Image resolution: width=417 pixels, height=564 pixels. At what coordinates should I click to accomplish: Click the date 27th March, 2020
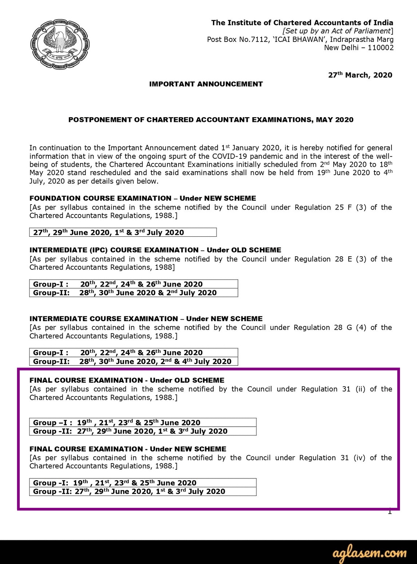pos(360,75)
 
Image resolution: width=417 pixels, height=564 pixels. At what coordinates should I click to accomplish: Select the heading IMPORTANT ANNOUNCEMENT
pos(206,84)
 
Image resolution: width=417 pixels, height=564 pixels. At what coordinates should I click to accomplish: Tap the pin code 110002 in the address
pos(381,48)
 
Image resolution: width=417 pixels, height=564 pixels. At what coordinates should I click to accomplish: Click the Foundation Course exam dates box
pos(123,232)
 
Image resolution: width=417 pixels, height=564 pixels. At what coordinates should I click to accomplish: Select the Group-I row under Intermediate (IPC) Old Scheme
pos(133,284)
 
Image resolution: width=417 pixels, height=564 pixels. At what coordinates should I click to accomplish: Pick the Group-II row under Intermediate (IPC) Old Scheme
pos(133,293)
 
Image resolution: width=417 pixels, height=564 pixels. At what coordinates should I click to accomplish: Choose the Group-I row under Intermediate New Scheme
pos(133,352)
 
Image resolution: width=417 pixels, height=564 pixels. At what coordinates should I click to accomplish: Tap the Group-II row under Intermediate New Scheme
pos(133,361)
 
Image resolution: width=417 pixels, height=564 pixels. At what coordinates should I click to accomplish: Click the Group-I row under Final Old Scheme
pos(143,422)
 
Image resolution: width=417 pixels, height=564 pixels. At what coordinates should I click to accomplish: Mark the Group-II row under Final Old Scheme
pos(143,431)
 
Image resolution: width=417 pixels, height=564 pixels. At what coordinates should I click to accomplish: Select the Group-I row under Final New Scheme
pos(143,483)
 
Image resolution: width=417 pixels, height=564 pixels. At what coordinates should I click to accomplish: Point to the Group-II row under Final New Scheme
pos(143,492)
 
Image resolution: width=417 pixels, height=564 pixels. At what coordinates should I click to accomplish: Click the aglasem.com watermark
pos(369,553)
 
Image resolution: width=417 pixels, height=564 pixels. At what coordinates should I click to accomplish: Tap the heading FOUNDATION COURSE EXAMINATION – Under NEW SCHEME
pos(143,198)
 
